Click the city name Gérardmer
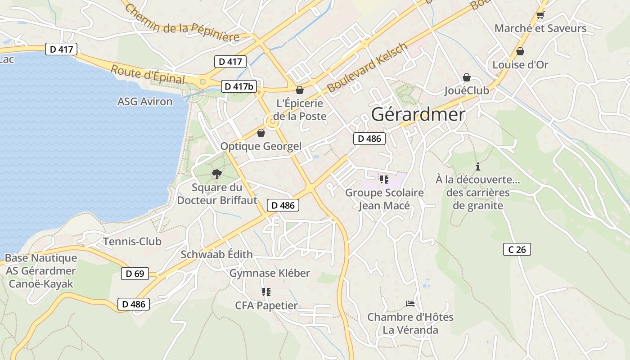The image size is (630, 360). click(418, 115)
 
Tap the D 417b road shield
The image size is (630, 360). click(238, 86)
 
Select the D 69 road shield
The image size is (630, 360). click(135, 273)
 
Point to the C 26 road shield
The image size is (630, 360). click(517, 249)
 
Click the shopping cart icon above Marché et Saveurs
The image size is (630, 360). click(540, 15)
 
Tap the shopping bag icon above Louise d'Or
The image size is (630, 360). click(520, 52)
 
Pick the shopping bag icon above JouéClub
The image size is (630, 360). click(467, 77)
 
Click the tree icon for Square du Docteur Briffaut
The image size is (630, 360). click(217, 174)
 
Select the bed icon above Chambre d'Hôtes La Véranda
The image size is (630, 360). click(410, 304)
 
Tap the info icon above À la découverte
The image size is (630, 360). click(478, 166)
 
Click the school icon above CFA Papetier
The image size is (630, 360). click(266, 292)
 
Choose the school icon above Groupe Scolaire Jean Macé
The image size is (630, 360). click(384, 180)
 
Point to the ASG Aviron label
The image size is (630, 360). click(145, 102)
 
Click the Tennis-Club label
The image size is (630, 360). click(132, 242)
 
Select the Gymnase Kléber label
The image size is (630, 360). click(270, 273)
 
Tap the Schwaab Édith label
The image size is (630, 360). click(216, 254)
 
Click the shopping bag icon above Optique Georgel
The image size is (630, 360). click(261, 133)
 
